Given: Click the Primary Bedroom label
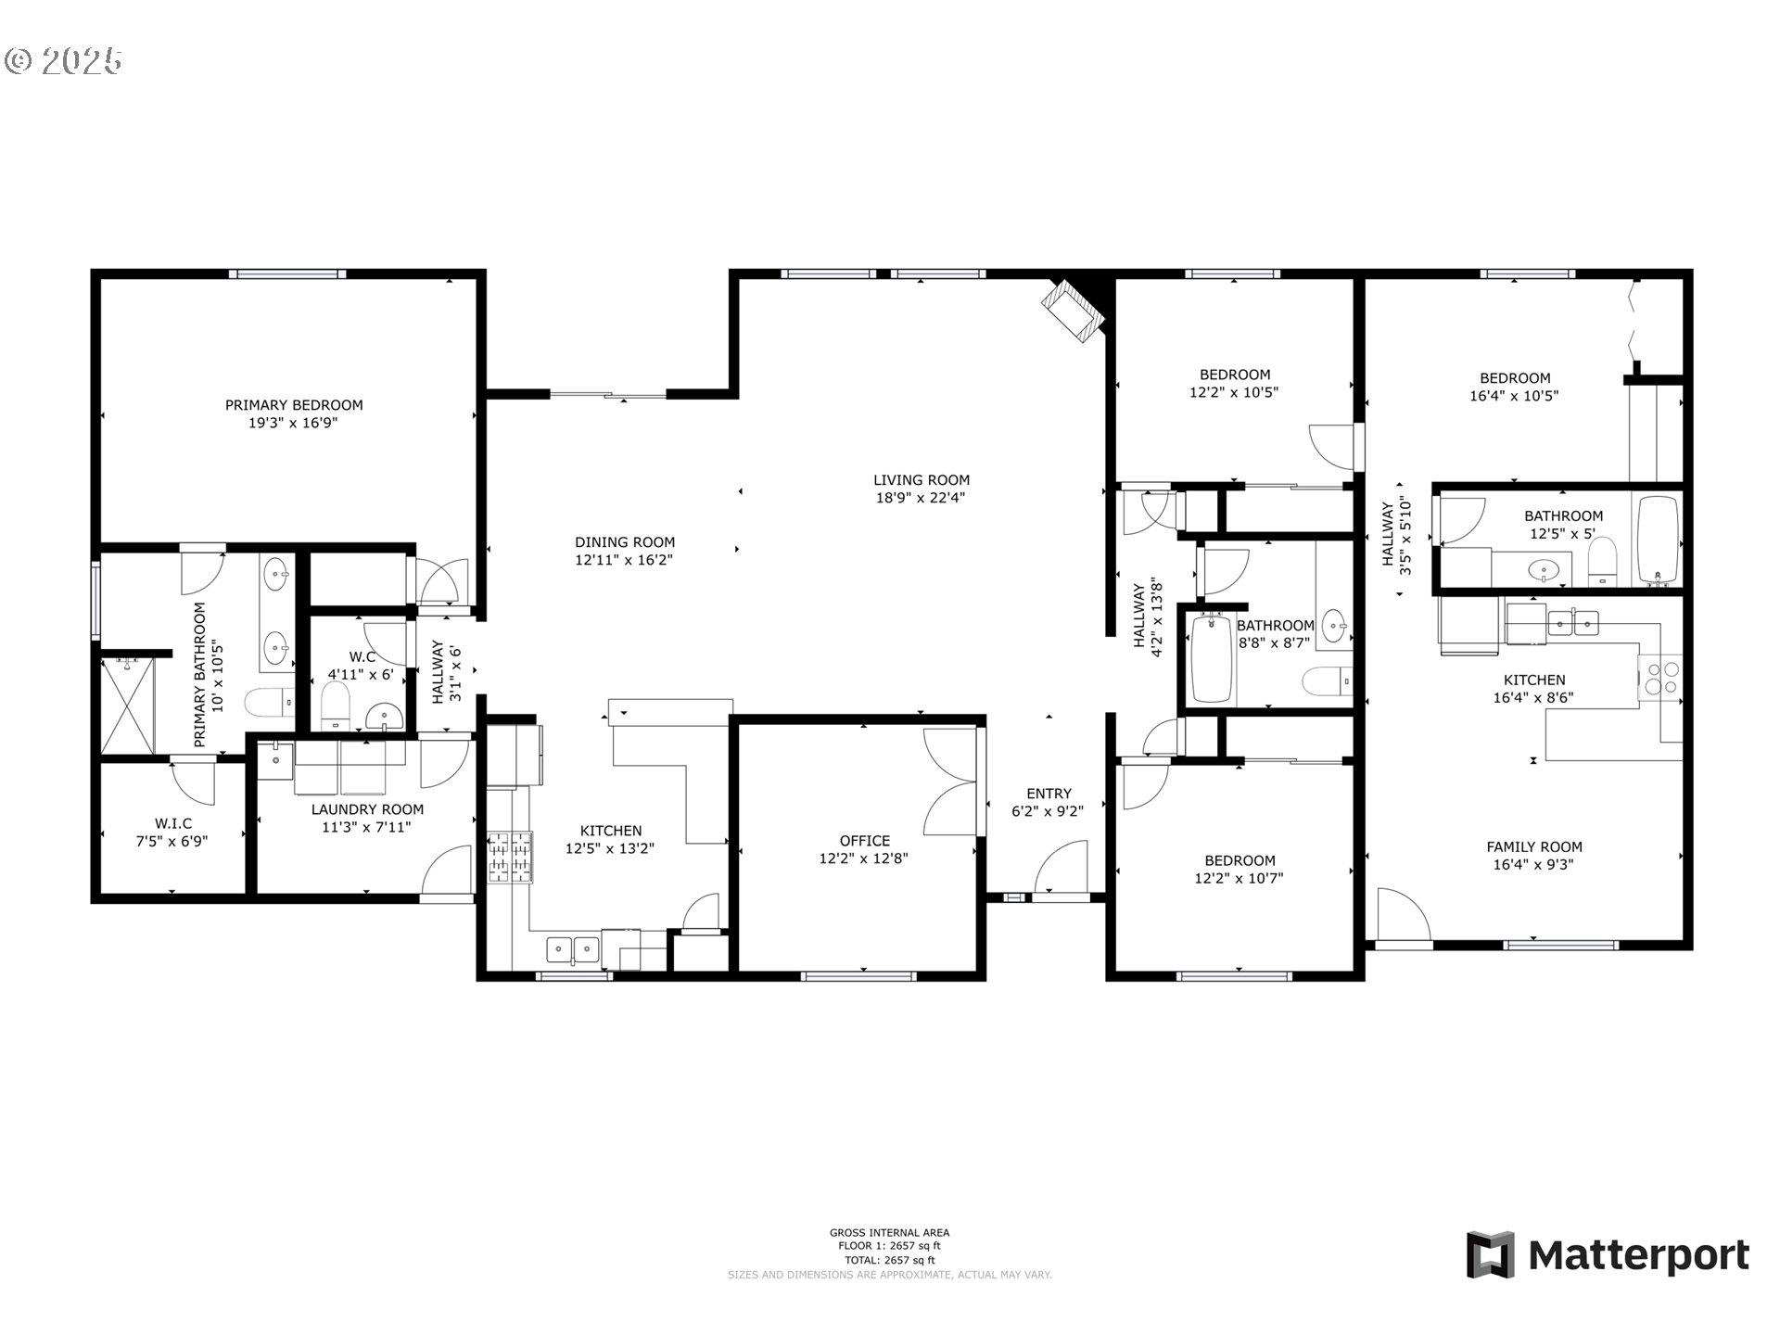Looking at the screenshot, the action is point(294,405).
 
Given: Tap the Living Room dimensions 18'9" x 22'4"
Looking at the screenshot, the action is point(922,498).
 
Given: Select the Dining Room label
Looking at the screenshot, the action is point(625,542).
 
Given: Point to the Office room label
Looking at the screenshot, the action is point(864,841).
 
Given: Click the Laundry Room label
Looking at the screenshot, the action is point(367,809).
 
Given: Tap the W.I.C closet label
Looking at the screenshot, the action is point(173,823).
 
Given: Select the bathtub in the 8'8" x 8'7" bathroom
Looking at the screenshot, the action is point(1211,658).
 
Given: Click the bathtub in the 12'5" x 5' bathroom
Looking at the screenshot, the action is point(1659,541).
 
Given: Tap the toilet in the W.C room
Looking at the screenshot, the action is point(335,706).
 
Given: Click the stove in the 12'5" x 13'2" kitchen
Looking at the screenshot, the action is point(511,857).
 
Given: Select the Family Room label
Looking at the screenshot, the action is point(1534,847).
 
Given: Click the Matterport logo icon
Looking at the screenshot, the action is point(1491,1255).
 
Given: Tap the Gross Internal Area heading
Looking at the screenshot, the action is point(889,1233).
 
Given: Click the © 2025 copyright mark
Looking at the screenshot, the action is point(64,61).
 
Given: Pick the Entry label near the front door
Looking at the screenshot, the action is point(1049,794).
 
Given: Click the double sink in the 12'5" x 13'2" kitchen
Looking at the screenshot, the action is point(572,948).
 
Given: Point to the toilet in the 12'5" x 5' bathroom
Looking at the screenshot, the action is point(1603,562).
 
